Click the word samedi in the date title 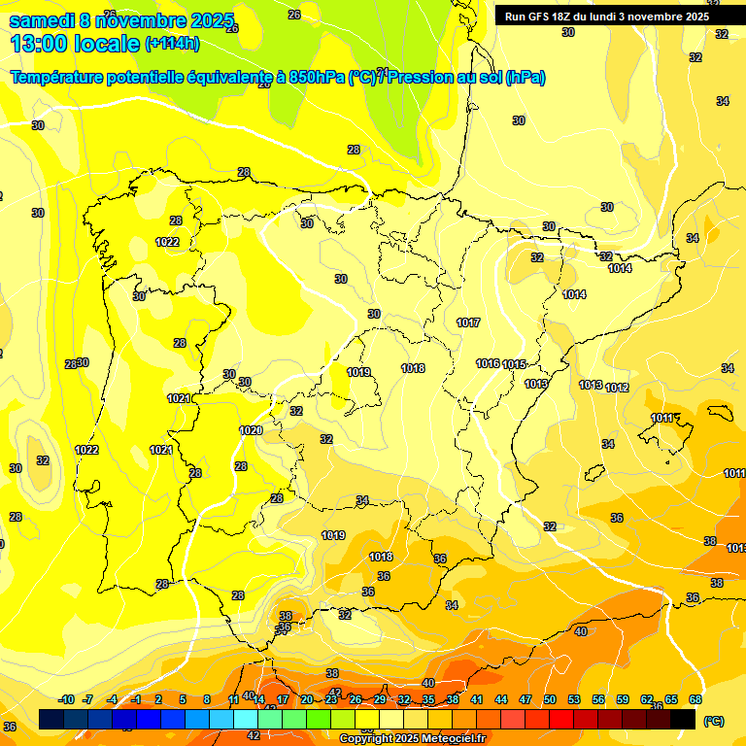click(43, 20)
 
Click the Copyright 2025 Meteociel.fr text click(412, 739)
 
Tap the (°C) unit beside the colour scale click(713, 721)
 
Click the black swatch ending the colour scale click(684, 720)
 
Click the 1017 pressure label click(468, 322)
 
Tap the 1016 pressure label click(488, 363)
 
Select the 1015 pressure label click(514, 364)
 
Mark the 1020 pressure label click(251, 430)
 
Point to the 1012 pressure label click(617, 388)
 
